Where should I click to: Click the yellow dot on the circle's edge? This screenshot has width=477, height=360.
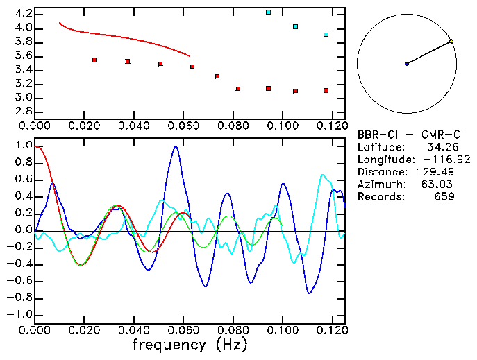click(x=451, y=42)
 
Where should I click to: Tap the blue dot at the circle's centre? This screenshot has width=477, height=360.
click(x=407, y=64)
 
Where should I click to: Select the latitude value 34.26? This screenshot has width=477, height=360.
click(x=440, y=147)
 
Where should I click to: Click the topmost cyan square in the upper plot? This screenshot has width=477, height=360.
click(x=269, y=12)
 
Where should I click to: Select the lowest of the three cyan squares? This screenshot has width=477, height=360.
click(x=326, y=35)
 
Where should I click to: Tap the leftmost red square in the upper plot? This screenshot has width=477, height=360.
click(x=94, y=60)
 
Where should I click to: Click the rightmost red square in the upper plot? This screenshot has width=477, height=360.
click(x=326, y=91)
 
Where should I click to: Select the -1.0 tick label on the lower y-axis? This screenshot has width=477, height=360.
click(x=21, y=315)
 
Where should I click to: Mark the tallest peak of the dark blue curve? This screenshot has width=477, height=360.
click(x=176, y=146)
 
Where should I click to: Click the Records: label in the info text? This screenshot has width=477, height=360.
click(x=380, y=197)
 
